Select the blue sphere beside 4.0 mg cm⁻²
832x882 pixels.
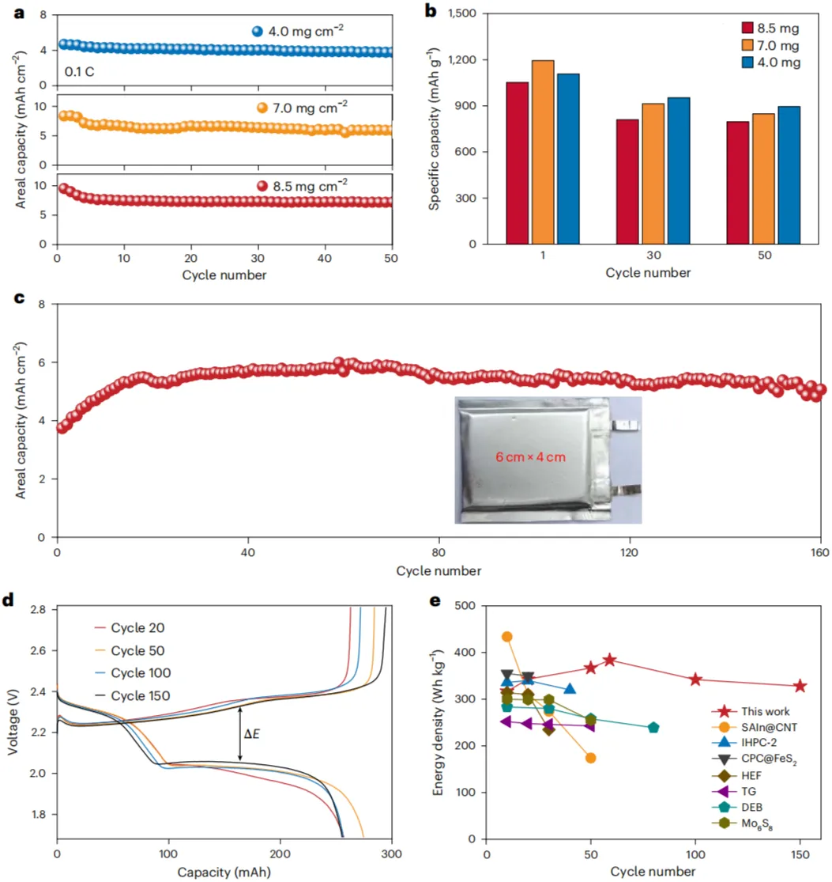pos(257,32)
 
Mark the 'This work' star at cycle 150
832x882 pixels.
pos(800,687)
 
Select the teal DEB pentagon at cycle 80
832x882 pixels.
pos(653,728)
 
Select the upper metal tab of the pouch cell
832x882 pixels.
pos(627,426)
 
